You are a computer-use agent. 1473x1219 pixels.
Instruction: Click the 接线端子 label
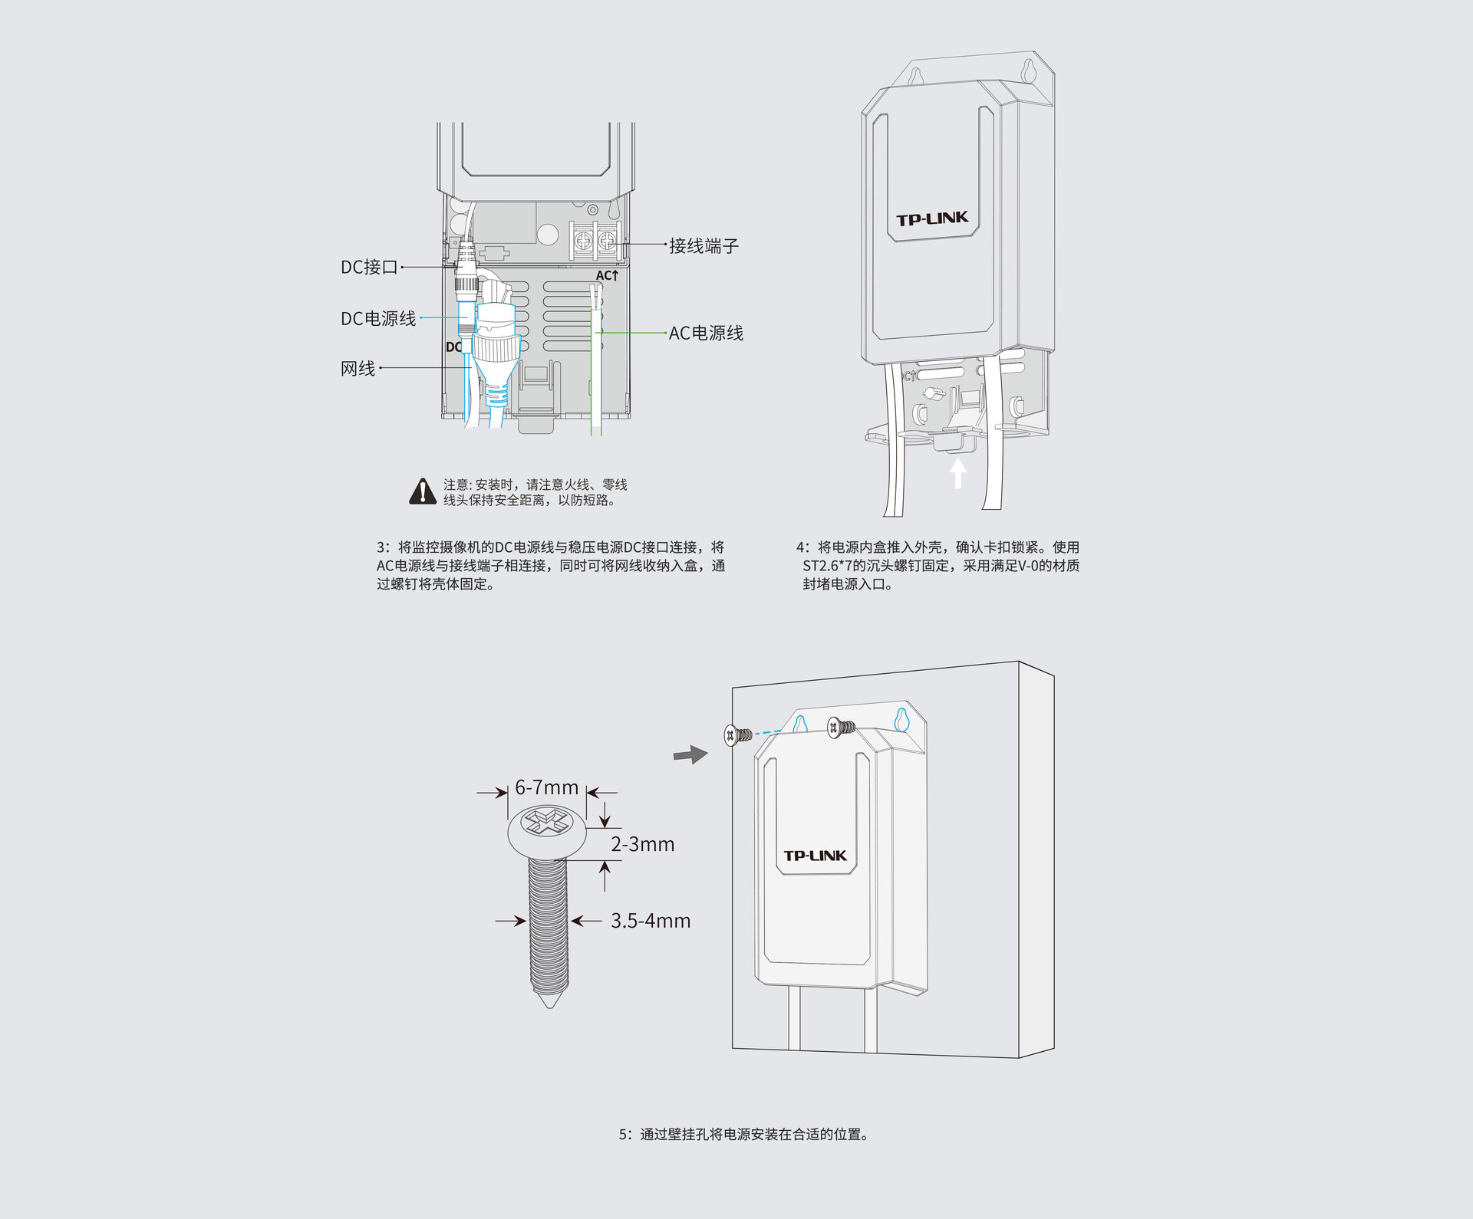coord(704,246)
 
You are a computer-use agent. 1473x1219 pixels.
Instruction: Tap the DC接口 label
coord(369,267)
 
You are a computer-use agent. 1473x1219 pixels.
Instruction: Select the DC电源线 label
coord(378,318)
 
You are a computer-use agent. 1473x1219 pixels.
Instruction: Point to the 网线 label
coord(358,369)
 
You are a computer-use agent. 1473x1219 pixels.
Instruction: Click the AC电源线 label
coord(706,333)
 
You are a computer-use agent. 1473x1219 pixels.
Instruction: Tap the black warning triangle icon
coord(423,492)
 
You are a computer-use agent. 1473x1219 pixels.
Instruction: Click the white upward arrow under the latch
coord(957,472)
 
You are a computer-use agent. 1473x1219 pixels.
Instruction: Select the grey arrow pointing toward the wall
coord(690,754)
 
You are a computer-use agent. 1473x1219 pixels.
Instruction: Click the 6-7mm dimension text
coord(546,787)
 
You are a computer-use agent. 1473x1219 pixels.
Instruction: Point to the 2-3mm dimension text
coord(642,844)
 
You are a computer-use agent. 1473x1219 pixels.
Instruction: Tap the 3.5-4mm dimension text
coord(651,921)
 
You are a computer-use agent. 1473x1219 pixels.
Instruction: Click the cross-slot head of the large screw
coord(545,825)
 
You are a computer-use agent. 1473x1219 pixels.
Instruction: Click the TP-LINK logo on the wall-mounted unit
coord(815,856)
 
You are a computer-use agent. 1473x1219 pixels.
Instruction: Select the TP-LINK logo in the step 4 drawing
coord(932,219)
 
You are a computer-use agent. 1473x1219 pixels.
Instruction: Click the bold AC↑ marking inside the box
coord(607,275)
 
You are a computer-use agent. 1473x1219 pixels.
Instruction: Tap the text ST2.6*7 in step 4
coord(827,566)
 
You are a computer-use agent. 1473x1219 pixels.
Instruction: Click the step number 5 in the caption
coord(624,1135)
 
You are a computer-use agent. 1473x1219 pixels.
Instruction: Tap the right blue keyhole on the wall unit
coord(901,719)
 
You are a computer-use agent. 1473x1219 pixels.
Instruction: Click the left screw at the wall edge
coord(737,736)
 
